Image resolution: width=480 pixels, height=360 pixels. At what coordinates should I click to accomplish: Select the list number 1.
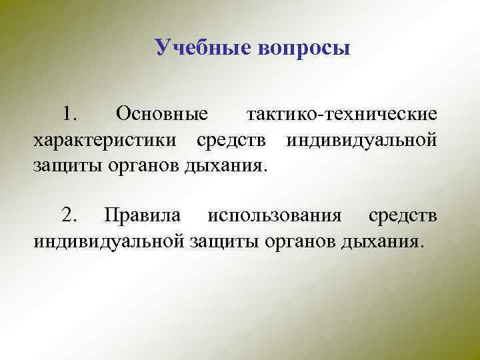[69, 115]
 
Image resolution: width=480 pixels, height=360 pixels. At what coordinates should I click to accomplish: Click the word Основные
[162, 115]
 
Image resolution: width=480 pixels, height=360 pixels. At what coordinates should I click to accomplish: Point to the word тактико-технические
[342, 115]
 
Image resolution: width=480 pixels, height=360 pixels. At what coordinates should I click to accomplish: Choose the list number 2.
[69, 215]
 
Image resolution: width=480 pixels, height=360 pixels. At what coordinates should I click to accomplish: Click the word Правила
[142, 215]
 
